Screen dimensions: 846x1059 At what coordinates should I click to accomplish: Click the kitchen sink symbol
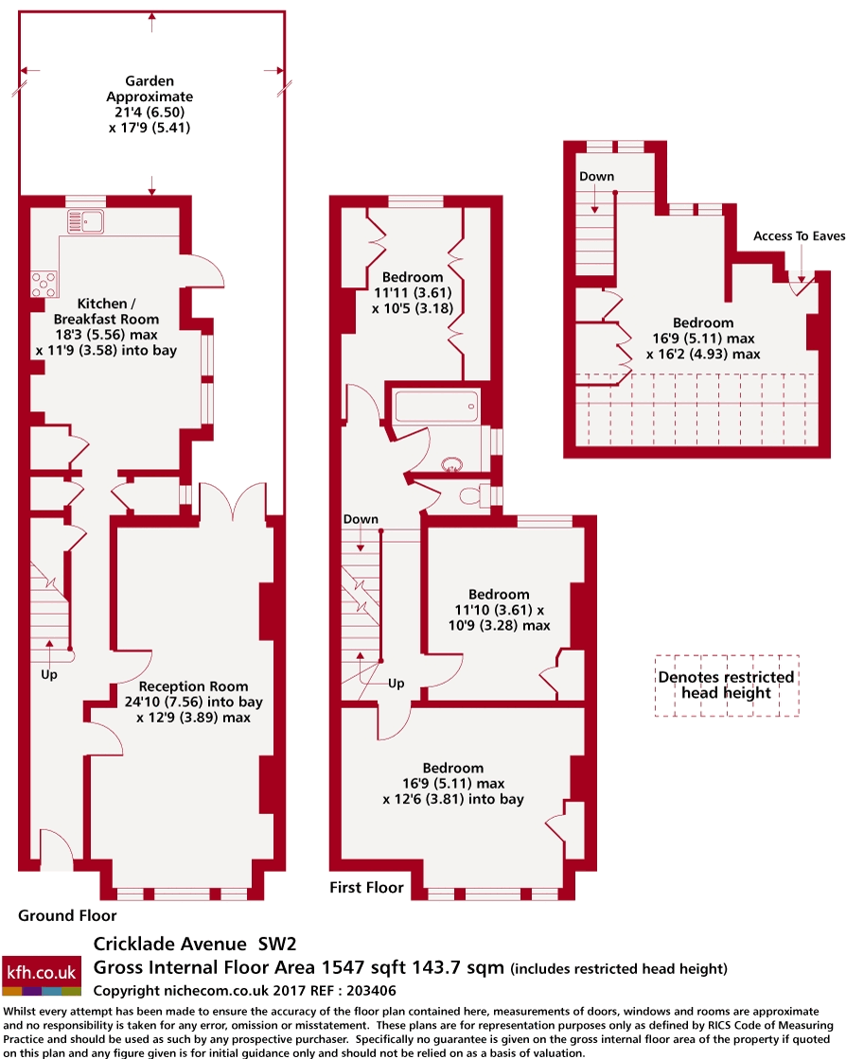coord(85,221)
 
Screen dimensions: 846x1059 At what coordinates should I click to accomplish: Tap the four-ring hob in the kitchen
coord(44,284)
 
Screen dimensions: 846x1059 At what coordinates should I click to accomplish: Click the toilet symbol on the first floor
coord(476,495)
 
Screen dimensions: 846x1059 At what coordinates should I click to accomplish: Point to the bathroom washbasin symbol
coord(451,464)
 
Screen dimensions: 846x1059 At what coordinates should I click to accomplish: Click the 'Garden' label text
coord(150,81)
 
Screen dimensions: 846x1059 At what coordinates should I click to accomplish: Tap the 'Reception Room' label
coord(193,686)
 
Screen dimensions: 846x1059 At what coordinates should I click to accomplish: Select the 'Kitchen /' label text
coord(106,304)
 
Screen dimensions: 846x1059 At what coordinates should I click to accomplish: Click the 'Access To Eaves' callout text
coord(799,235)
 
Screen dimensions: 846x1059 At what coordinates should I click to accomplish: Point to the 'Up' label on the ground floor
coord(49,675)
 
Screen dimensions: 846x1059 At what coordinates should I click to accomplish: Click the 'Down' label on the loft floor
coord(597,176)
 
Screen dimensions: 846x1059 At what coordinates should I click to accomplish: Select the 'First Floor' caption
coord(366,887)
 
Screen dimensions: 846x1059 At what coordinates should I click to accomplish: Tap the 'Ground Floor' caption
coord(67,915)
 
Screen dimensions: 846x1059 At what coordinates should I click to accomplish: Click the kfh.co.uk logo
coord(42,975)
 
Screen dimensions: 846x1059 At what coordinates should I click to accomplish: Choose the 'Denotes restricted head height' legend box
coord(727,686)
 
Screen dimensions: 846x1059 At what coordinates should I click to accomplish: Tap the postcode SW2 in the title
coord(277,944)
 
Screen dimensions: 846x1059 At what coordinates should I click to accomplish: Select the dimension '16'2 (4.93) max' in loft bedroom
coord(703,354)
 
